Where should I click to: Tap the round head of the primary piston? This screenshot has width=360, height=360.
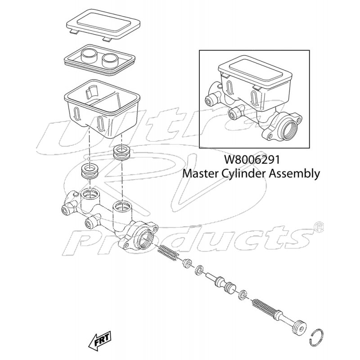298,327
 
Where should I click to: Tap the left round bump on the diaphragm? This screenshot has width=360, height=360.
88,56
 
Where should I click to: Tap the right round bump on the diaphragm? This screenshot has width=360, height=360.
109,59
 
